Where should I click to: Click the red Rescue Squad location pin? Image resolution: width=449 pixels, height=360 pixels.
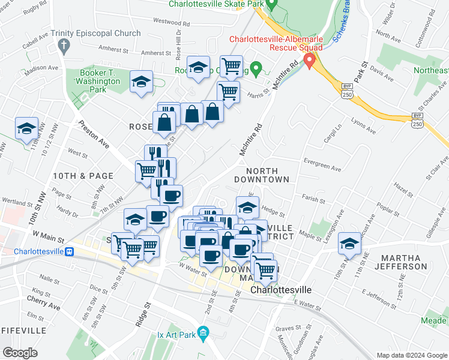[310, 60]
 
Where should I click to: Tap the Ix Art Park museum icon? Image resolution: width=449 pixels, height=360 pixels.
[203, 332]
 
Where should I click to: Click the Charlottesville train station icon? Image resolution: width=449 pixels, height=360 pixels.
[70, 251]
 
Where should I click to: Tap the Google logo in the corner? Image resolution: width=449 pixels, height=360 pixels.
[20, 353]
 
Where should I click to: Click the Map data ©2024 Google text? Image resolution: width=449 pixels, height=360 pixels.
[411, 355]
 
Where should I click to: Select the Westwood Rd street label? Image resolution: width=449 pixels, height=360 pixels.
[171, 22]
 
